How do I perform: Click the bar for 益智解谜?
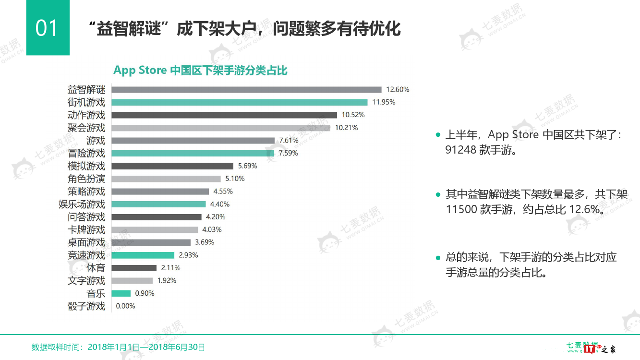(x=246, y=90)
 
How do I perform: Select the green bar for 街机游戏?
(x=239, y=102)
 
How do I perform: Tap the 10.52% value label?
(x=353, y=115)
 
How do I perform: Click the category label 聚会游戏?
(x=86, y=128)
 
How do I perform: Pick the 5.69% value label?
(x=247, y=166)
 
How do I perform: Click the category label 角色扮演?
(x=86, y=179)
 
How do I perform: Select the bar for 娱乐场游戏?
(x=158, y=204)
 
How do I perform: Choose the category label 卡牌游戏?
(x=86, y=229)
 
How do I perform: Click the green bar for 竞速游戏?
(x=143, y=255)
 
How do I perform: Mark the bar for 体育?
(x=134, y=268)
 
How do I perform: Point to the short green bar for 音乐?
(x=121, y=293)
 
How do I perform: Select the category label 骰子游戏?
(x=86, y=306)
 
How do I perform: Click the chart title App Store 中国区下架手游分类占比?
(x=200, y=70)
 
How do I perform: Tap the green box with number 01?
(x=48, y=28)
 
